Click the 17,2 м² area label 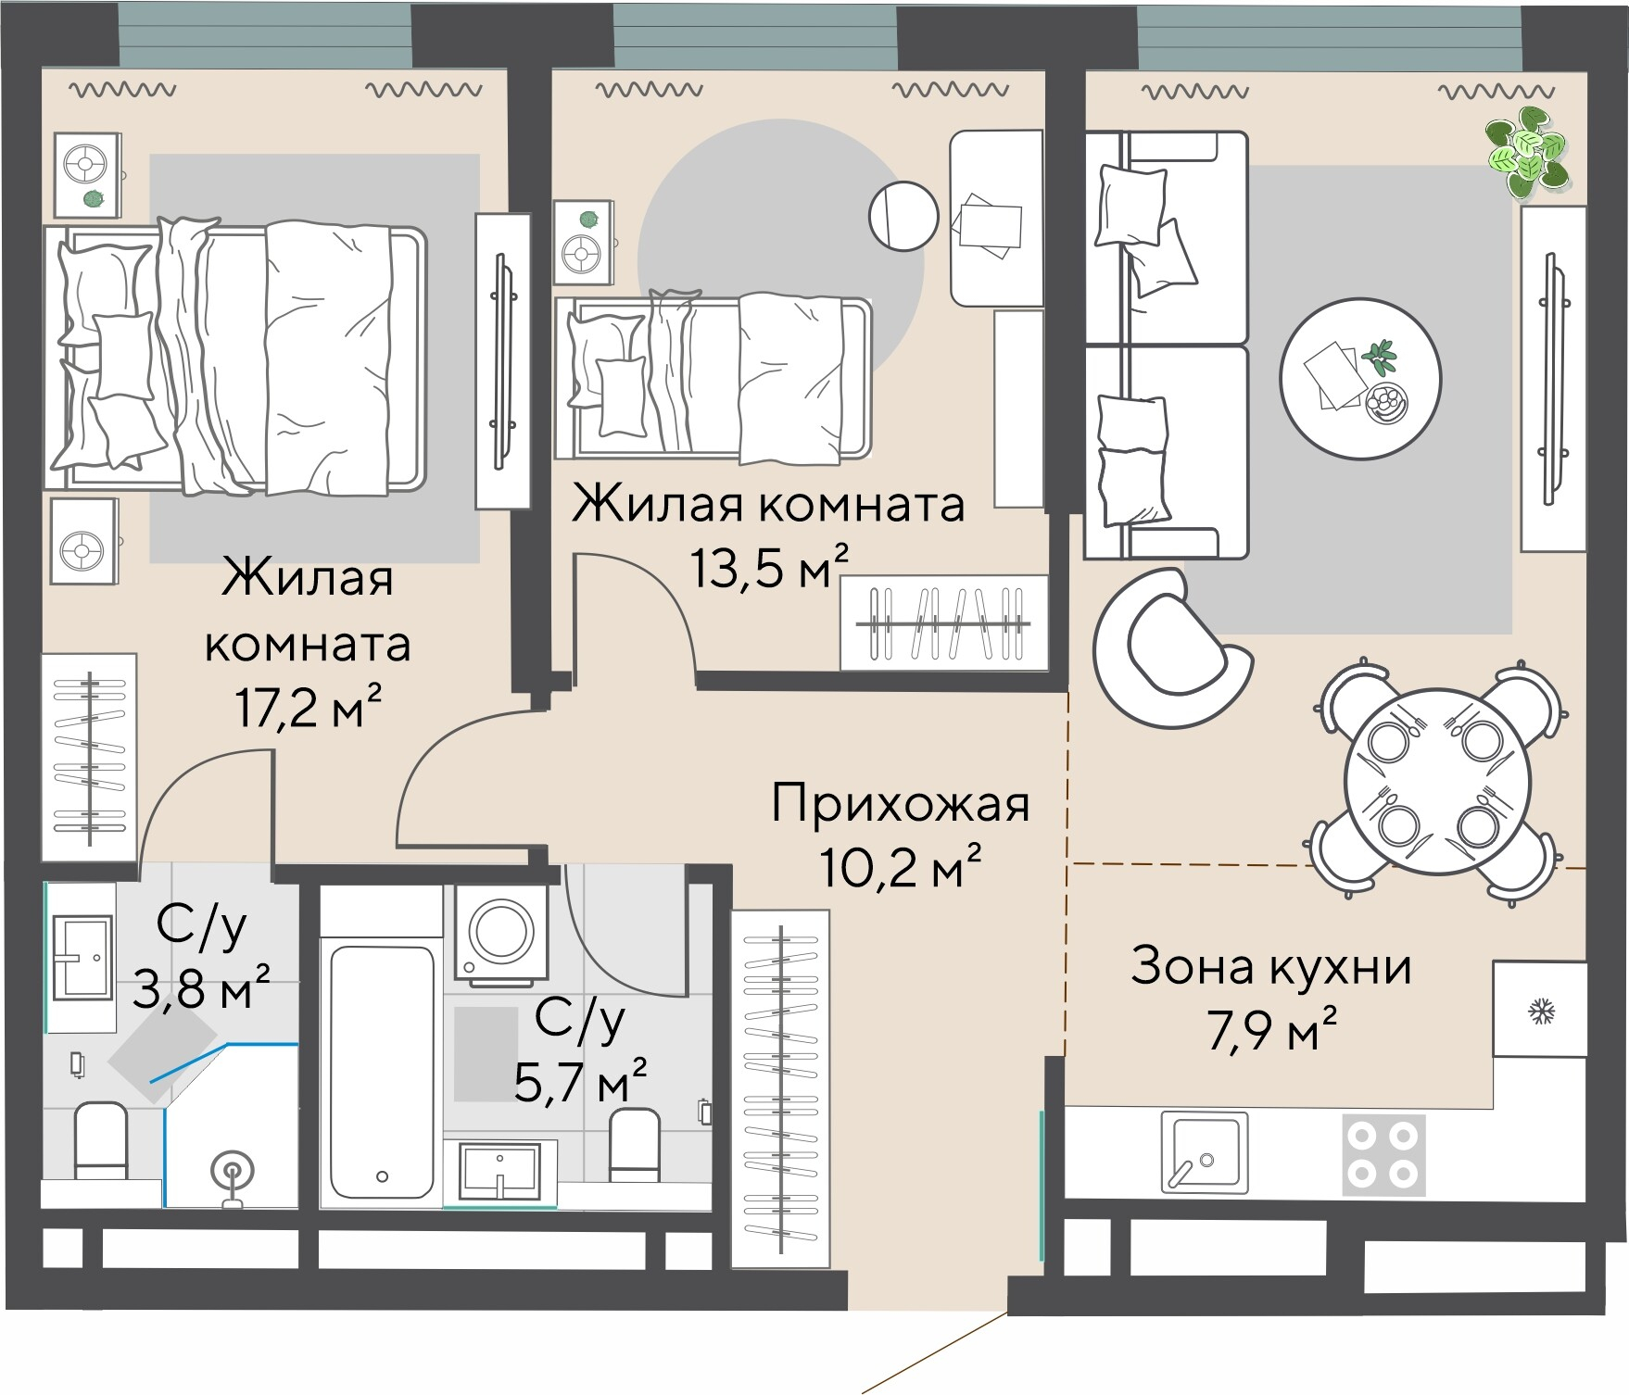click(x=309, y=709)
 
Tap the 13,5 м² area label click(x=768, y=567)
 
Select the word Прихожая click(x=900, y=803)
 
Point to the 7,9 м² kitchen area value click(x=1271, y=1030)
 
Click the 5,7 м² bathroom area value click(x=580, y=1081)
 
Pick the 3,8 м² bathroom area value click(x=201, y=990)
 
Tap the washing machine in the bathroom click(x=500, y=931)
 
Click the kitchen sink click(x=1201, y=1153)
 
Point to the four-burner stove click(x=1384, y=1153)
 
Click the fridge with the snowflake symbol click(x=1540, y=1010)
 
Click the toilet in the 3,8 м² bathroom click(x=99, y=1140)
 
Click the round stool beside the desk click(x=903, y=217)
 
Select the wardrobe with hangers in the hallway click(x=780, y=1088)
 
